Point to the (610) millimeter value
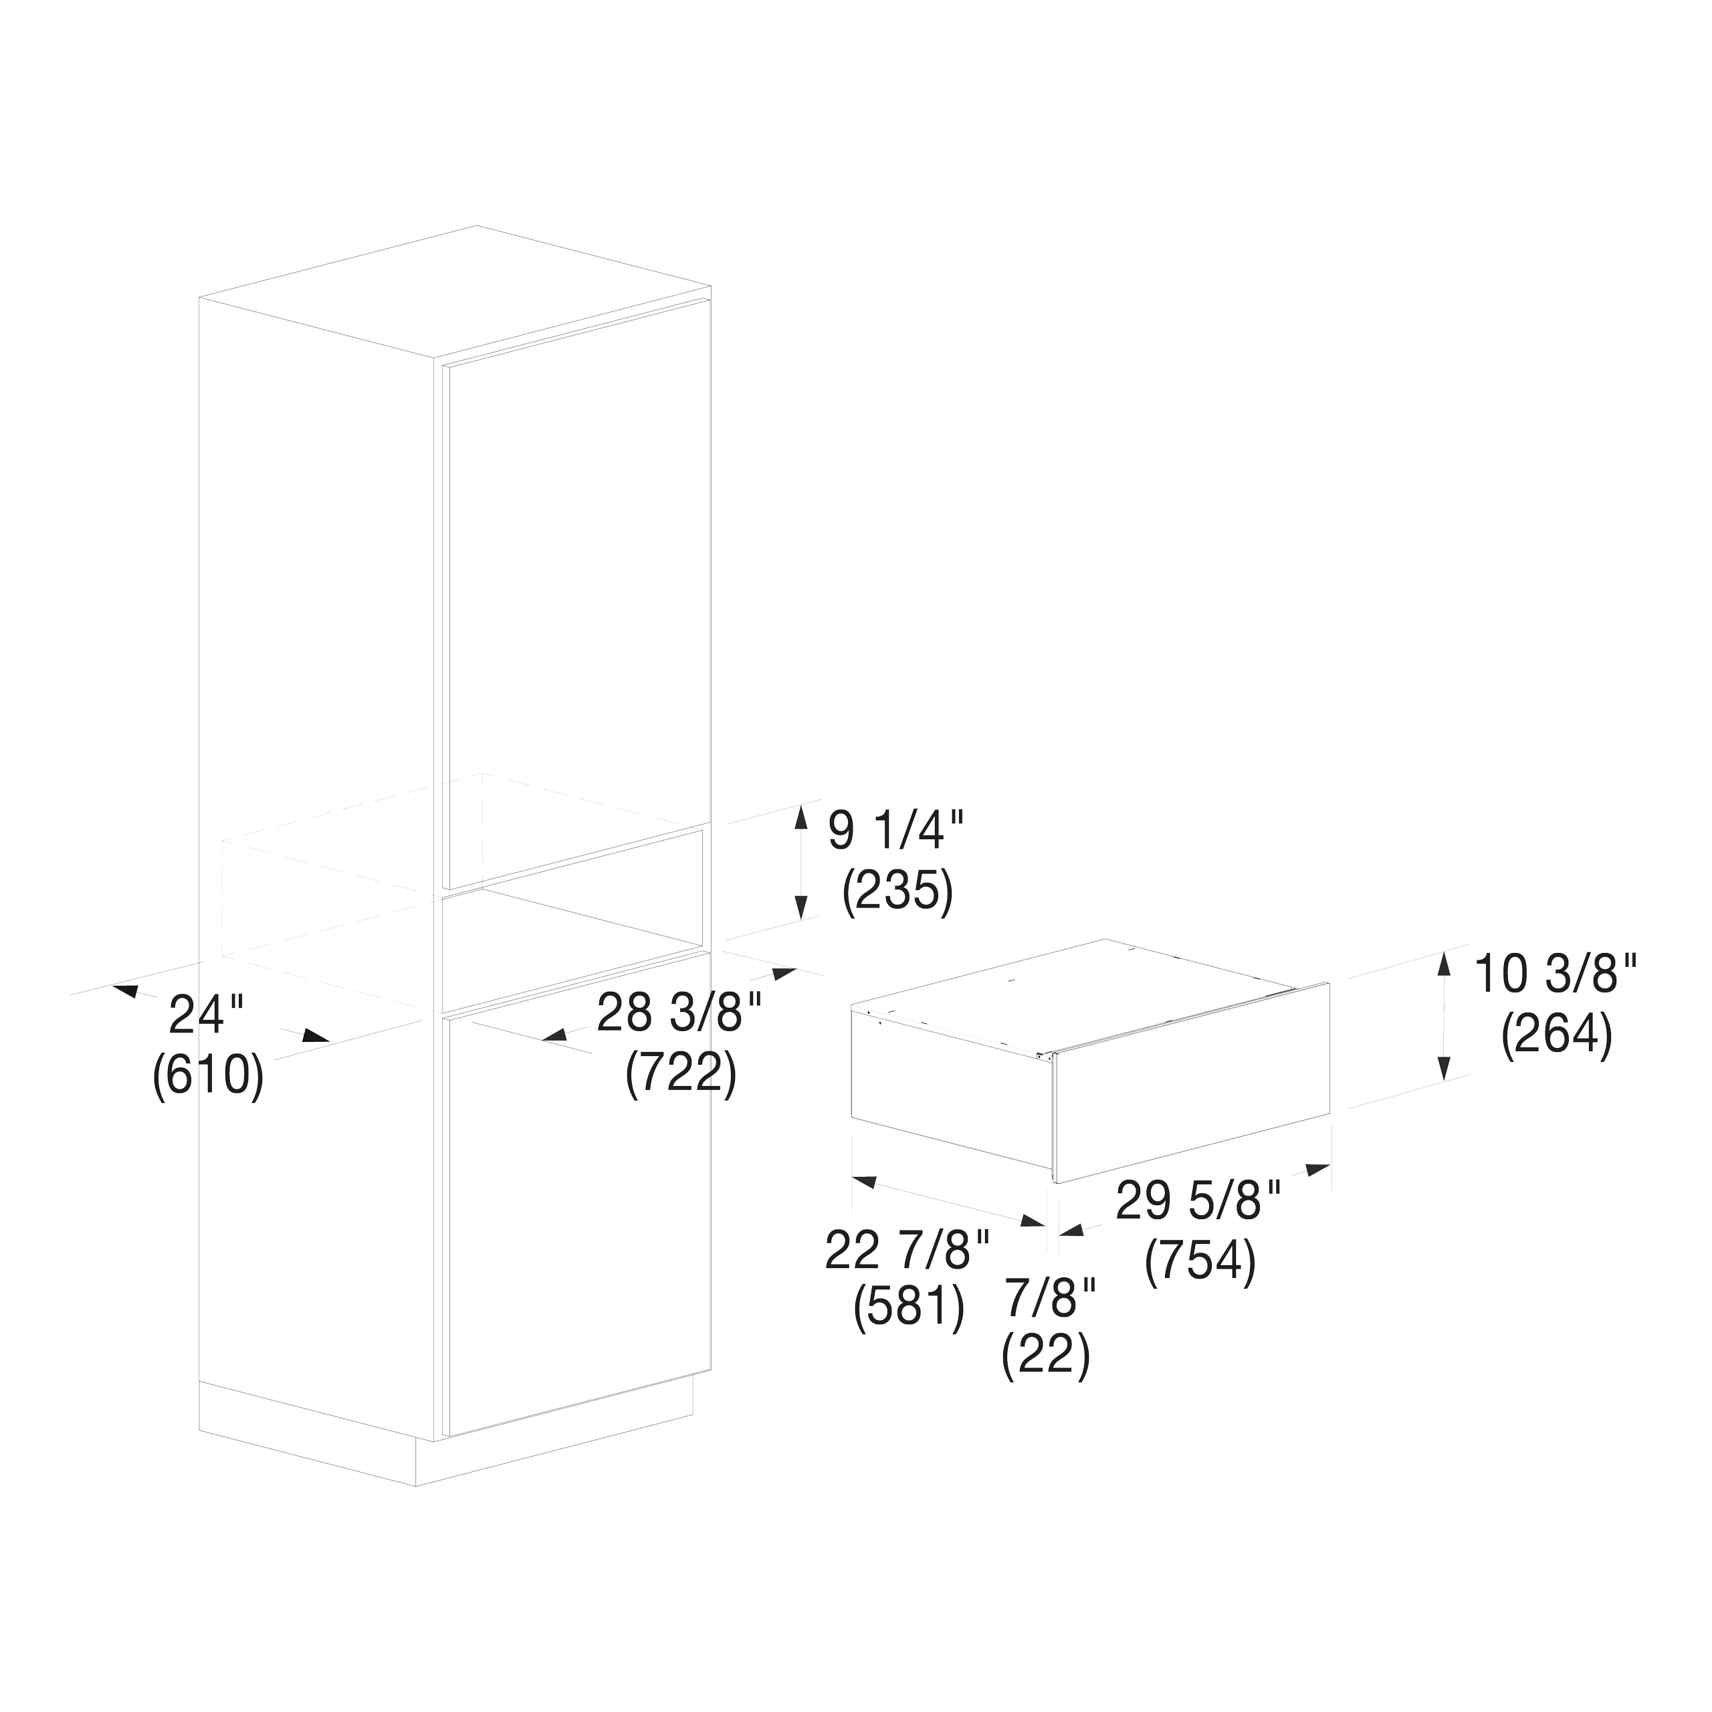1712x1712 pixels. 208,1077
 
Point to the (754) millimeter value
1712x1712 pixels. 1200,1262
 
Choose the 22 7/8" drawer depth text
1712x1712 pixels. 907,1251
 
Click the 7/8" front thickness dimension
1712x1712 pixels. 1050,1298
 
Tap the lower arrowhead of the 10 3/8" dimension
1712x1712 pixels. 1444,1069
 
